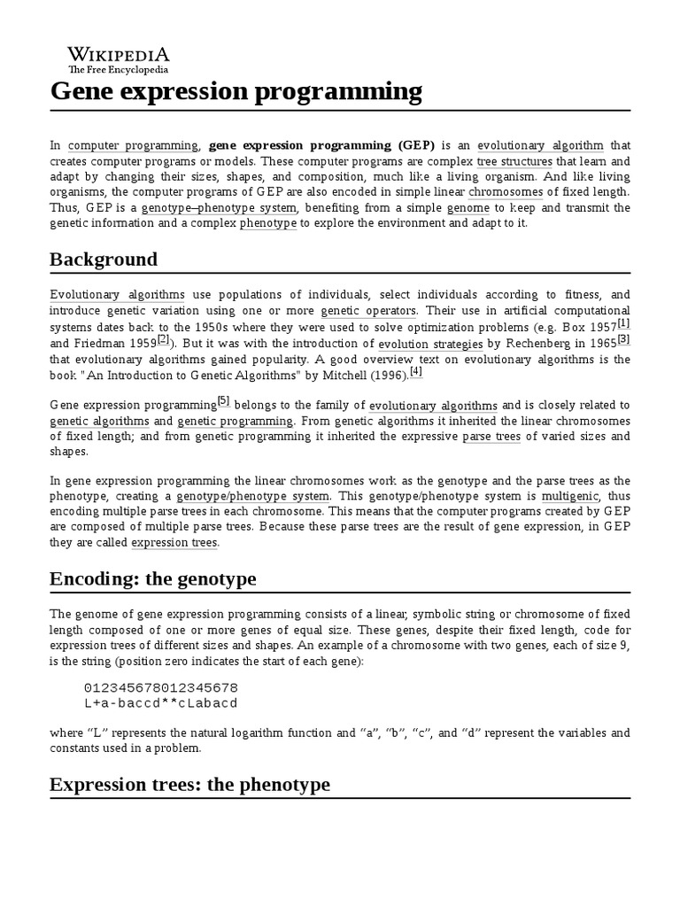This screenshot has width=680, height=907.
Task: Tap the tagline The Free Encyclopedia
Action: [x=119, y=69]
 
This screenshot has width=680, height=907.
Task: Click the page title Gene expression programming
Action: [x=236, y=91]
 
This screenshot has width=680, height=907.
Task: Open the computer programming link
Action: [x=133, y=145]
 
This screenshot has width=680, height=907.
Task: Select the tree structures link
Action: [x=514, y=161]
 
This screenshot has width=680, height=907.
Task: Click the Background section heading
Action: [x=104, y=260]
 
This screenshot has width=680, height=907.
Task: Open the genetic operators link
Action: [x=367, y=311]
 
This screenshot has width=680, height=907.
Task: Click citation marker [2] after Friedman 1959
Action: [x=162, y=339]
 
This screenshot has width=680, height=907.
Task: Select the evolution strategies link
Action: [x=430, y=344]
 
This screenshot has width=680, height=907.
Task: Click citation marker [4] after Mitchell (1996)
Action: [x=416, y=371]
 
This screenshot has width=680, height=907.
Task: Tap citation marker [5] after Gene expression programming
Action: [x=223, y=400]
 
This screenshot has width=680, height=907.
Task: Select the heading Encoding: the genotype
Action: [x=153, y=579]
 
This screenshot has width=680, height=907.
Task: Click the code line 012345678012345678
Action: [x=160, y=687]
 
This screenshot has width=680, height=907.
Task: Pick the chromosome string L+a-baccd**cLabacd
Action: [x=160, y=702]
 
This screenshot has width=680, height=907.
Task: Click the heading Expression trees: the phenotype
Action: [x=189, y=785]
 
